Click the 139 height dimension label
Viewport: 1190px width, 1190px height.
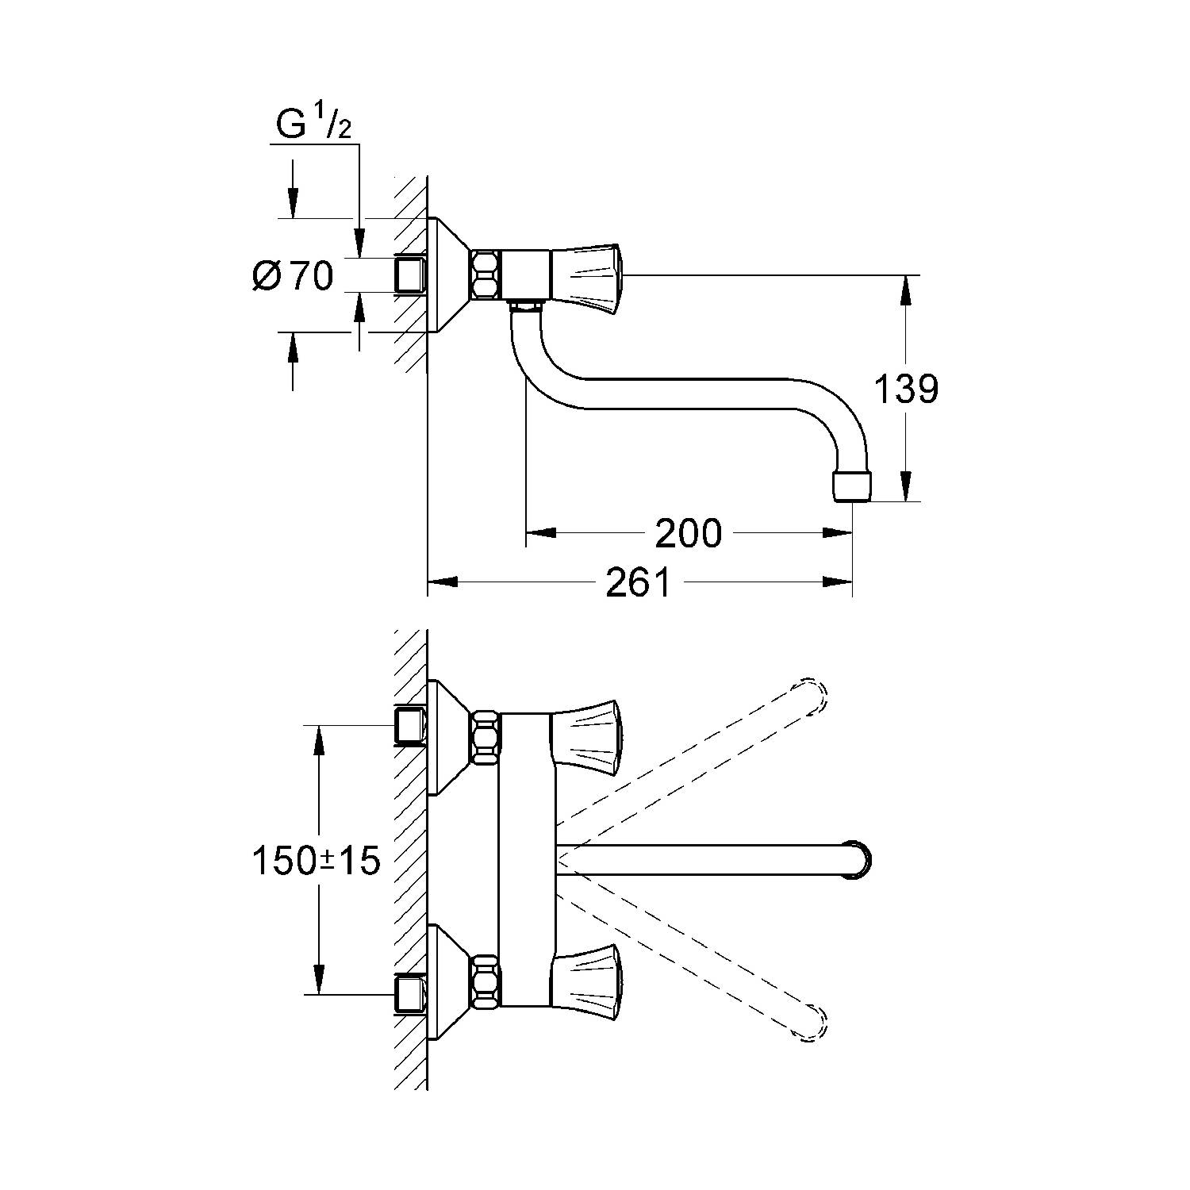906,390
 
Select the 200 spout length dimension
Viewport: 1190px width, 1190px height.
688,534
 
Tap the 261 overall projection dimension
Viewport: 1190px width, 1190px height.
639,584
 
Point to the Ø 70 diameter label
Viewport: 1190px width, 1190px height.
292,276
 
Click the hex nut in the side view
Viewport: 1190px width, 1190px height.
486,275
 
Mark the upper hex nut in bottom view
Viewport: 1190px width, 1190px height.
486,738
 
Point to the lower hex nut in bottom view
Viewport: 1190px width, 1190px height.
486,981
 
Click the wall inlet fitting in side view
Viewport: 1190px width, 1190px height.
410,274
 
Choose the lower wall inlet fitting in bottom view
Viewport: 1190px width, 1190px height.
410,993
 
